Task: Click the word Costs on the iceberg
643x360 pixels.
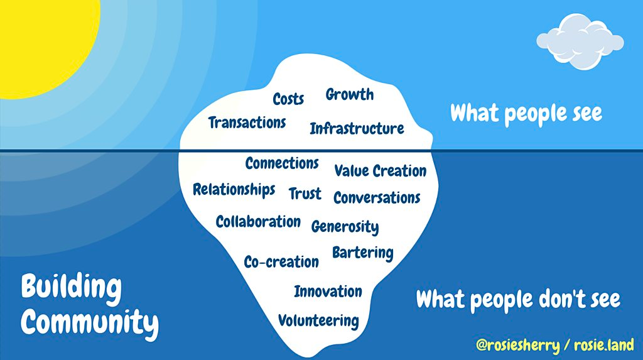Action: pos(288,99)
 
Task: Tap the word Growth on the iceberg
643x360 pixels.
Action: pos(350,94)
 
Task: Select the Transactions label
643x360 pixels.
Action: pos(247,123)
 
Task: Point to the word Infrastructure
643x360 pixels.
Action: pos(357,129)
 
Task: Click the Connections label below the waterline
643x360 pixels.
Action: pos(282,163)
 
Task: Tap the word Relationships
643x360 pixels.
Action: pos(234,190)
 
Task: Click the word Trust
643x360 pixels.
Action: pos(305,194)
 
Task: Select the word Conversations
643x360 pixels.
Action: pos(377,198)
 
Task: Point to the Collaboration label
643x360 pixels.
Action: pos(258,222)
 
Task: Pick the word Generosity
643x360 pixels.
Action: pos(345,227)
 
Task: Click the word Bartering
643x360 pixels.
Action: pos(363,253)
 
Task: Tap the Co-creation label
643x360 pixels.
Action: pos(281,262)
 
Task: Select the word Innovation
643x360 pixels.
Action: pos(328,292)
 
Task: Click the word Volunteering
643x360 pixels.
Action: pos(318,321)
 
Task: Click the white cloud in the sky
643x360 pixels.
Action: pos(580,41)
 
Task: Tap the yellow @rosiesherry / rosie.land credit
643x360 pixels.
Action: pos(555,345)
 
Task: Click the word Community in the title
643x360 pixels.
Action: pos(90,323)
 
